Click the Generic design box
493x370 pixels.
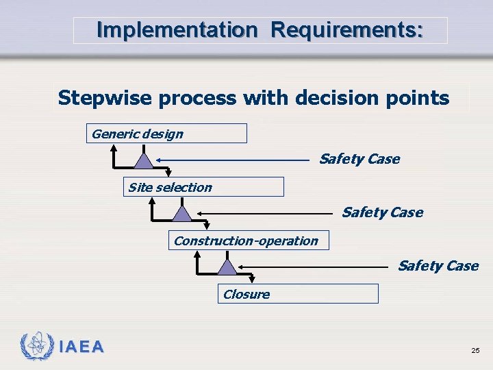(166, 134)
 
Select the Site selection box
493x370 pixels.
(203, 187)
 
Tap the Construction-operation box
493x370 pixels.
(249, 241)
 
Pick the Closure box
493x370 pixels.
(298, 294)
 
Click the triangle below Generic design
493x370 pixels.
(143, 160)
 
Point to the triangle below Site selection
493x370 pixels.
(182, 213)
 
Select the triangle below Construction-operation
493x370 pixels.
(227, 267)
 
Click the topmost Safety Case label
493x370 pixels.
(359, 159)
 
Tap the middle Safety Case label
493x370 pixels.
(382, 212)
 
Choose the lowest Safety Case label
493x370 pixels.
(438, 266)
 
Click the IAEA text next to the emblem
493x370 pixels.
(81, 347)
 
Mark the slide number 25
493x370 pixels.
(475, 351)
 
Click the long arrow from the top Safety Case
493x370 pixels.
(233, 160)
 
